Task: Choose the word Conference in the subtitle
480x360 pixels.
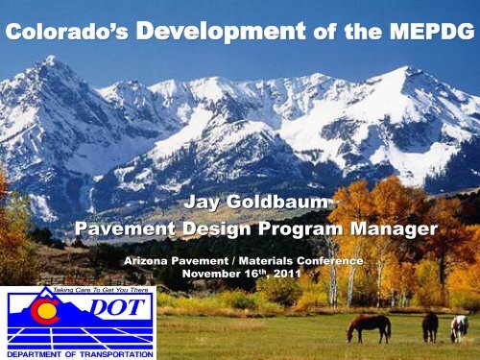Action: click(x=326, y=260)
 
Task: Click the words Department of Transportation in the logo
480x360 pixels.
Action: click(x=79, y=353)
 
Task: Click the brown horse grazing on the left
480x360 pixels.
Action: click(x=369, y=327)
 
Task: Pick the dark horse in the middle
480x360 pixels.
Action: click(x=430, y=326)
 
